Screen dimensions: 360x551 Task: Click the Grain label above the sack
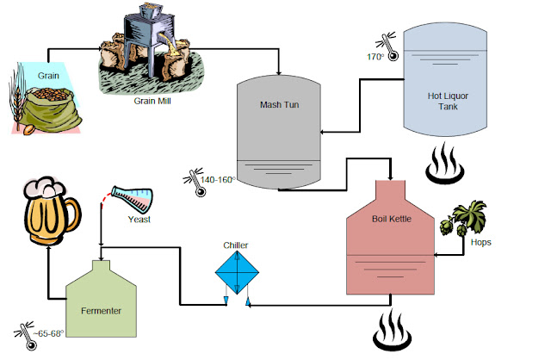tap(48, 75)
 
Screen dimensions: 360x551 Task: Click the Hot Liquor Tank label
tap(448, 102)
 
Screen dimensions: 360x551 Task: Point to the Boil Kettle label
tap(391, 220)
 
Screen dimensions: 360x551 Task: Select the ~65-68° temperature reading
tap(46, 332)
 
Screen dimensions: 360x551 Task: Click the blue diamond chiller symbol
tap(237, 273)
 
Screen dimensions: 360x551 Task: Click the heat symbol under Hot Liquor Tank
tap(447, 164)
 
